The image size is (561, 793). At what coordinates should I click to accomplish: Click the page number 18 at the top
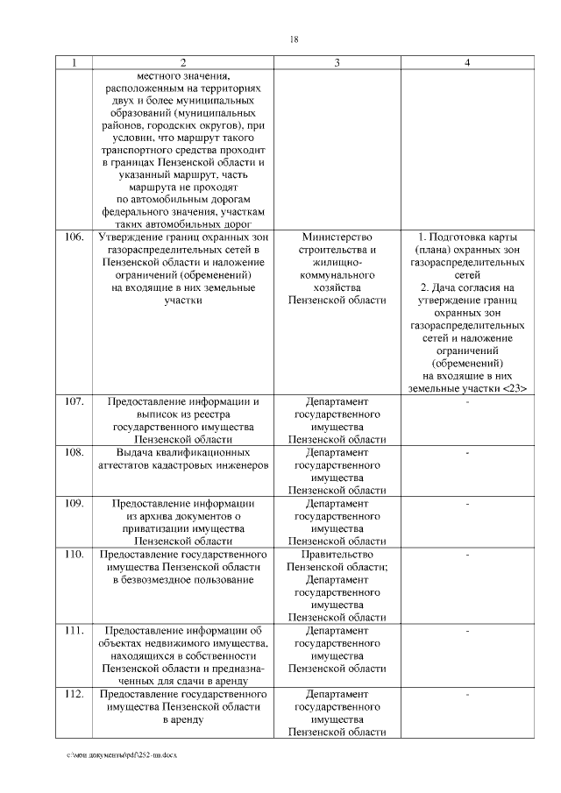click(x=295, y=39)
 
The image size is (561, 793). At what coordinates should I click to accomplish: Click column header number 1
click(x=75, y=62)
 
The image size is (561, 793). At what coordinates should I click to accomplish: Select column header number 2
click(x=183, y=62)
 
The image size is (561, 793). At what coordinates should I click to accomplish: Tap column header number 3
click(x=337, y=62)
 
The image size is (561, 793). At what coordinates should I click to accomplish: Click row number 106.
click(x=75, y=237)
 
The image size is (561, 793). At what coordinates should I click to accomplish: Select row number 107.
click(x=75, y=401)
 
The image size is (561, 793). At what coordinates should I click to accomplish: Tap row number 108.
click(x=75, y=452)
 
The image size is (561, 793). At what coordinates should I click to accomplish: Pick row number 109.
click(x=75, y=503)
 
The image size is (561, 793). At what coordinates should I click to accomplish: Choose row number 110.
click(x=75, y=555)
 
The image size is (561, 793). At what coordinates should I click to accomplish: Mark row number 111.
click(x=75, y=630)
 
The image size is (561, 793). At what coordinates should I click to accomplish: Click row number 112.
click(x=75, y=694)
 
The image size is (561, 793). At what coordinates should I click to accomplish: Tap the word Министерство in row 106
click(x=337, y=237)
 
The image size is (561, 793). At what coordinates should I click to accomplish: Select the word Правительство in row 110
click(x=337, y=555)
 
